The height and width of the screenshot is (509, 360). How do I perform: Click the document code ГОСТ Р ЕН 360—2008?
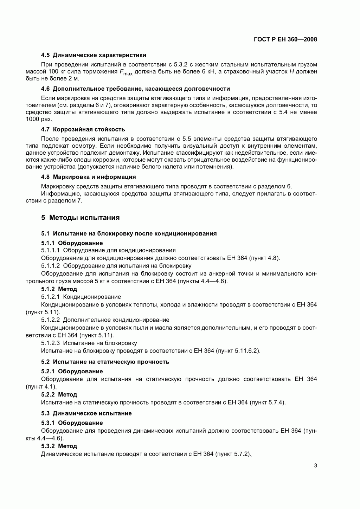click(x=285, y=39)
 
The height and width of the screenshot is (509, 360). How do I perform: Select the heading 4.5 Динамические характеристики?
click(x=94, y=55)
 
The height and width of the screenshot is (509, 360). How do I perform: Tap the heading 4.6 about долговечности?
click(x=135, y=89)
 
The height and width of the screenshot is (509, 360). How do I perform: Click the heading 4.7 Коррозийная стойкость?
click(x=83, y=129)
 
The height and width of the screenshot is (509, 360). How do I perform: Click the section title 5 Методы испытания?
click(x=80, y=218)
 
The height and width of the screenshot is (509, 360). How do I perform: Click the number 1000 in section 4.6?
click(x=33, y=119)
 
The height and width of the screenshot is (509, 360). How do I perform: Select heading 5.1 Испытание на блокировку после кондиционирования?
click(x=129, y=233)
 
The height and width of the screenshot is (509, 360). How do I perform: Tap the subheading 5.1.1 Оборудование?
click(x=72, y=243)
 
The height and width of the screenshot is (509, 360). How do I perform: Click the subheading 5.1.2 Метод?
click(x=59, y=289)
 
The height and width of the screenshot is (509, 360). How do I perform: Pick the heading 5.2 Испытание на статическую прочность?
click(x=105, y=362)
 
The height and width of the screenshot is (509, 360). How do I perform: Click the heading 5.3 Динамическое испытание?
click(x=86, y=413)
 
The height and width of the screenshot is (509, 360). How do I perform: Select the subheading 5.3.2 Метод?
click(x=59, y=446)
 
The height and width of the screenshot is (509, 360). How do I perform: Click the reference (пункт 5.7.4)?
click(x=267, y=402)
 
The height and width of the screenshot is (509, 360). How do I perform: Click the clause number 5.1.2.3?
click(x=50, y=343)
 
